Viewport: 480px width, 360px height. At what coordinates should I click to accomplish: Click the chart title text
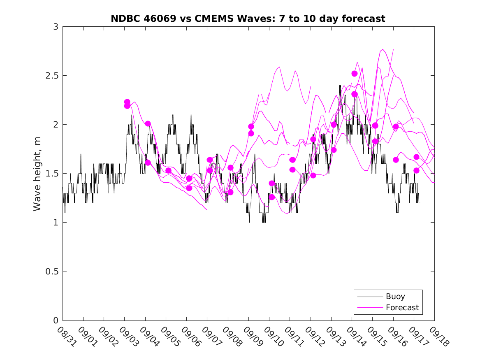click(248, 19)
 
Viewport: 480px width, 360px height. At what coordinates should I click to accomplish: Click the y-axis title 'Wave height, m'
click(37, 174)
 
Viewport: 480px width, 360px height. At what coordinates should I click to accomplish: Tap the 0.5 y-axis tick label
click(52, 272)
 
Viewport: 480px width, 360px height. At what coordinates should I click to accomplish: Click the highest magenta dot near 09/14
click(355, 74)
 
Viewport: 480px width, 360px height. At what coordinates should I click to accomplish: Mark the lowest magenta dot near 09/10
click(272, 197)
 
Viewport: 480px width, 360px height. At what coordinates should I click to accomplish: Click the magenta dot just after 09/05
click(168, 170)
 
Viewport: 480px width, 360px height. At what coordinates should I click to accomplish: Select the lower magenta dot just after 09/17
click(416, 170)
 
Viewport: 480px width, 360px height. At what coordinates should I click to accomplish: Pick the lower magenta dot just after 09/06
click(189, 188)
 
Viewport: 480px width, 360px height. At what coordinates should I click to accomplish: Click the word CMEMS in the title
click(220, 19)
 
